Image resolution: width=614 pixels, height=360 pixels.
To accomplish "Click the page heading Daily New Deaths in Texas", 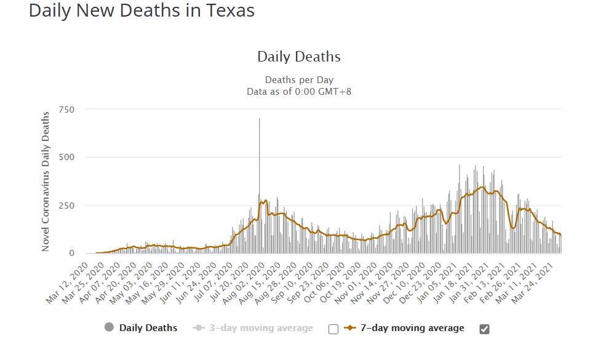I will coord(142,11).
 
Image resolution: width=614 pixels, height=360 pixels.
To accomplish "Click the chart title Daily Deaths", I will coord(298,57).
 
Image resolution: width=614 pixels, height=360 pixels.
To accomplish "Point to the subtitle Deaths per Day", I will coord(298,80).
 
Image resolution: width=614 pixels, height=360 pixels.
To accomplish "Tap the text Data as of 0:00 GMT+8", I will coord(298,91).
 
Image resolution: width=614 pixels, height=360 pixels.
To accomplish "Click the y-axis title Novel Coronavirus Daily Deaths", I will coord(46,182).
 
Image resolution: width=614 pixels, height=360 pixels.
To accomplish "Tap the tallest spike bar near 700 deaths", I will coord(259,154).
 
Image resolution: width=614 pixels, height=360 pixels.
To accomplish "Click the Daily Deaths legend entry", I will coord(148,328).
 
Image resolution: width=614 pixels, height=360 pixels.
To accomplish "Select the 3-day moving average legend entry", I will coord(261,328).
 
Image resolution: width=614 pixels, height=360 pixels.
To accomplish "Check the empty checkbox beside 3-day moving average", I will coord(333,329).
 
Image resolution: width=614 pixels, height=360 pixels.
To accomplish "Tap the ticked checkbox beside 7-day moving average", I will coord(484,329).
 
